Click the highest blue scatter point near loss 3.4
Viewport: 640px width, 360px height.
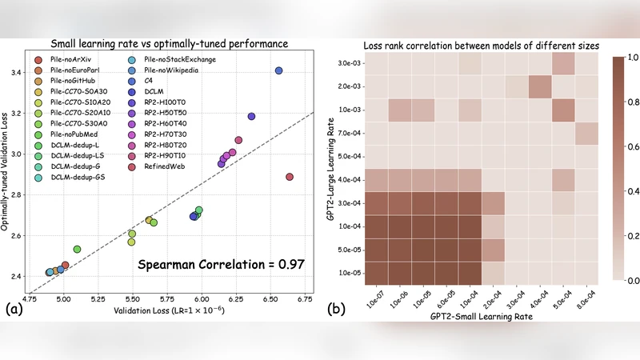[278, 70]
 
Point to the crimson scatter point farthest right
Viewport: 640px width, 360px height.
[290, 177]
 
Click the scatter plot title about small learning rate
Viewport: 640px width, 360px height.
[170, 42]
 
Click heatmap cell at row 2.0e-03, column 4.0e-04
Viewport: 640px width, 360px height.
[539, 86]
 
